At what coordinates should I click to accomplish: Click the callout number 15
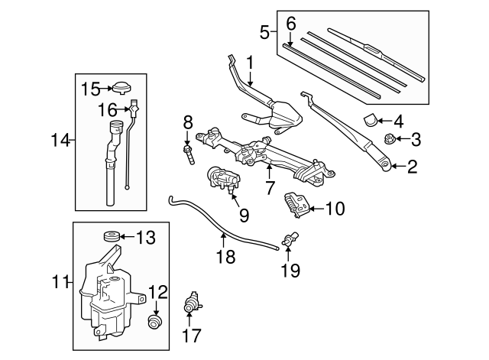pyautogui.click(x=91, y=89)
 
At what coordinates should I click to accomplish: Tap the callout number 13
pyautogui.click(x=144, y=238)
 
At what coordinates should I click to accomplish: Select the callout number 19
pyautogui.click(x=290, y=270)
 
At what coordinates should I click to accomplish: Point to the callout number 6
pyautogui.click(x=290, y=24)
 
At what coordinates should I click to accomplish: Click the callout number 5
pyautogui.click(x=264, y=32)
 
